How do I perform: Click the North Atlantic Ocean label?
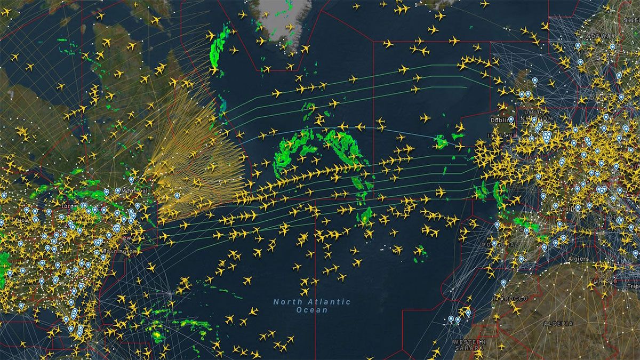[312, 306]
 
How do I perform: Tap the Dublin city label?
[499, 120]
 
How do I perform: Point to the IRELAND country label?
[501, 135]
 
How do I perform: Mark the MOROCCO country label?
[513, 298]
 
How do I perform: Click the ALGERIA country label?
[558, 324]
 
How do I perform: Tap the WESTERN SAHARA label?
[469, 345]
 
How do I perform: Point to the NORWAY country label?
[597, 36]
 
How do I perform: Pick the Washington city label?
[121, 251]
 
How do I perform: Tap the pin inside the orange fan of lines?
[177, 196]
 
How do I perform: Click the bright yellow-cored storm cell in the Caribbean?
[157, 335]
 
